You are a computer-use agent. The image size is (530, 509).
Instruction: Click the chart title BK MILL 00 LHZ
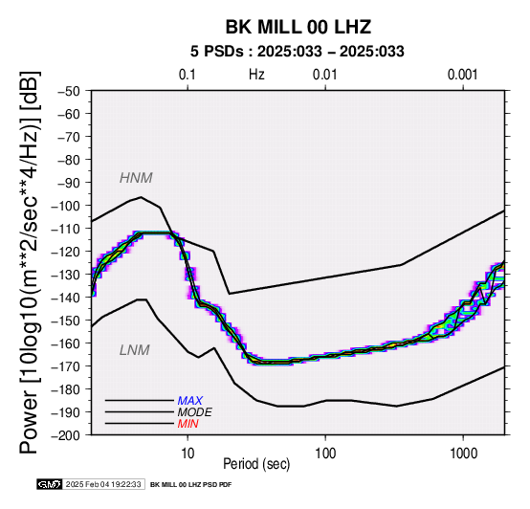[x=298, y=27]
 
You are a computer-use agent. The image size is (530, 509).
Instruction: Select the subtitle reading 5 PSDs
[x=216, y=52]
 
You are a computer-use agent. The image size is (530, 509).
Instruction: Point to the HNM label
[x=136, y=178]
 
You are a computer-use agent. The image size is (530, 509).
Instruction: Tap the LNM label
[x=135, y=350]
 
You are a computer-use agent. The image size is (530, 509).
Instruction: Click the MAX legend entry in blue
[x=190, y=401]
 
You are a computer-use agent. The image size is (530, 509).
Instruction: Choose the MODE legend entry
[x=195, y=412]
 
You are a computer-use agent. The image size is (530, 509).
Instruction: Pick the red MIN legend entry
[x=188, y=424]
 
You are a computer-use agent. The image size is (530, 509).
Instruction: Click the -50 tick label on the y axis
[x=69, y=91]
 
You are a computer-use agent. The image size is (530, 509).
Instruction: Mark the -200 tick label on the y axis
[x=66, y=435]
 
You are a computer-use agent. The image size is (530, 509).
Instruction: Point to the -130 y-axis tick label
[x=66, y=275]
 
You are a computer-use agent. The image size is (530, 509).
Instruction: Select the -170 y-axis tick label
[x=66, y=366]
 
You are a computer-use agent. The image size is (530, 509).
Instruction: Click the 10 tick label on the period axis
[x=188, y=454]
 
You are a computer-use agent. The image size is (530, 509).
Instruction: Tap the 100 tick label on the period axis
[x=325, y=454]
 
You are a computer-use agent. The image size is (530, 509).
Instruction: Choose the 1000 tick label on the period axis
[x=463, y=454]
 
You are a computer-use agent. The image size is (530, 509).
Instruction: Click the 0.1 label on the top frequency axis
[x=188, y=75]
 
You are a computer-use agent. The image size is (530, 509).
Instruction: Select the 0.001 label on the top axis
[x=463, y=75]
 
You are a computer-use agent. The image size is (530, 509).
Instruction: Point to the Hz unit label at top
[x=256, y=75]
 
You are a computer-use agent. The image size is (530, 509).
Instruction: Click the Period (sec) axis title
[x=256, y=464]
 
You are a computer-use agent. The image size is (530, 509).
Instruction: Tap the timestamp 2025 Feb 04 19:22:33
[x=103, y=485]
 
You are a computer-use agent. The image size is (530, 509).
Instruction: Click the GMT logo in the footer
[x=50, y=485]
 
